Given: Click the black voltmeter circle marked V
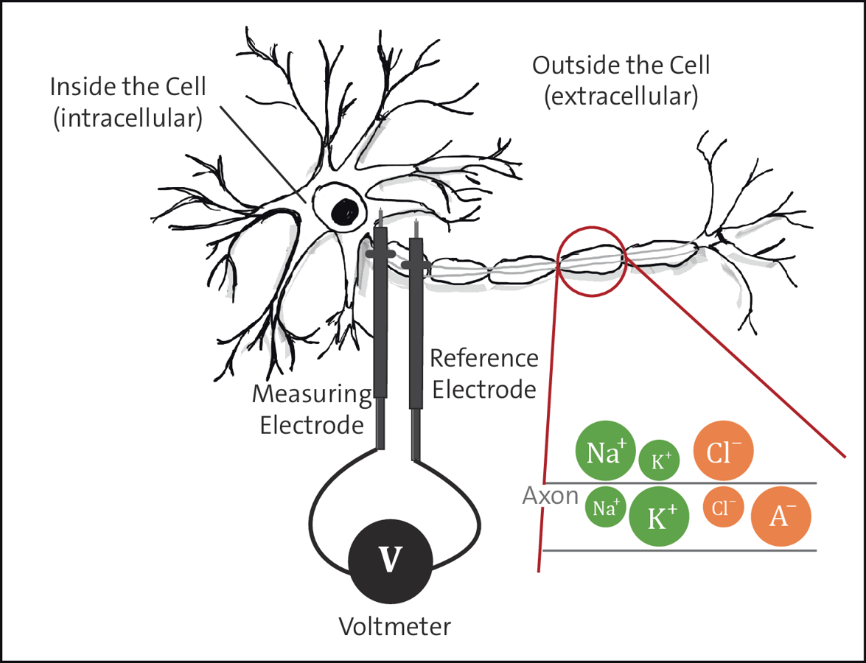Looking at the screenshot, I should [391, 560].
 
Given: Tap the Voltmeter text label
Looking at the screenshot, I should [394, 627].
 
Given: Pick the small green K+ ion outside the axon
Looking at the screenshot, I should [660, 461].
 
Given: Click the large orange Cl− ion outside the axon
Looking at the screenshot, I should [724, 451].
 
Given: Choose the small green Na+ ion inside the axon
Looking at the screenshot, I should [606, 508].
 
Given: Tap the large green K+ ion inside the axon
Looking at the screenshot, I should [659, 517].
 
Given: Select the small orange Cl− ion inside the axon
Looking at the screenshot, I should [723, 507].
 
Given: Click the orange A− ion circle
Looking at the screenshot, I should [781, 516].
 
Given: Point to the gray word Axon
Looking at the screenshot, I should [550, 496].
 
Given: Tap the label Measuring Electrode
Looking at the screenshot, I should [312, 410].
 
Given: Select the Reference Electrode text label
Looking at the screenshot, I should [484, 373].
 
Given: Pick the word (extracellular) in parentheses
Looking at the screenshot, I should [621, 97].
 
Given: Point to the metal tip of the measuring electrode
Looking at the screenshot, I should [380, 218].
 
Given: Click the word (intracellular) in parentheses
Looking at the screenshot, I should [128, 118].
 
